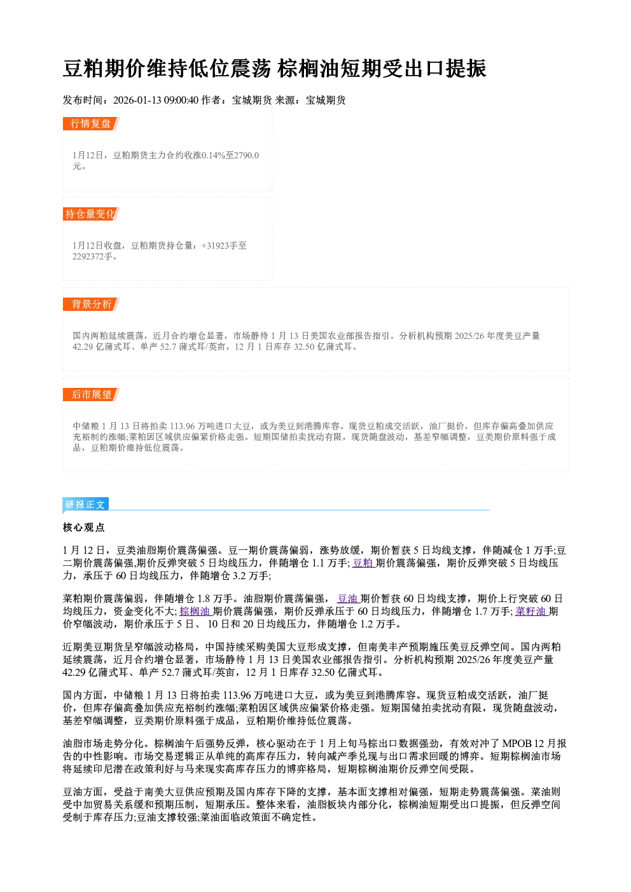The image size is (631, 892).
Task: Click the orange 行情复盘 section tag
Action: pyautogui.click(x=91, y=123)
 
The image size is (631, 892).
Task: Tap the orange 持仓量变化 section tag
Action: pyautogui.click(x=91, y=214)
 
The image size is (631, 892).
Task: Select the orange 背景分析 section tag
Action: pyautogui.click(x=91, y=305)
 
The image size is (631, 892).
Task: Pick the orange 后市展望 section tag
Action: pyautogui.click(x=91, y=395)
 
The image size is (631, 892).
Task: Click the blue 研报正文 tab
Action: pyautogui.click(x=85, y=505)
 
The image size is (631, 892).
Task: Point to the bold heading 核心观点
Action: pyautogui.click(x=84, y=528)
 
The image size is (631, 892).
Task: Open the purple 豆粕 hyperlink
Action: pyautogui.click(x=363, y=563)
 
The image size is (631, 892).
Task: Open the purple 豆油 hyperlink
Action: pyautogui.click(x=348, y=598)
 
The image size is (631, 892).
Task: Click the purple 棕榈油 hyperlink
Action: pyautogui.click(x=195, y=611)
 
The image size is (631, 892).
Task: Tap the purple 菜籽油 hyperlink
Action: pyautogui.click(x=530, y=611)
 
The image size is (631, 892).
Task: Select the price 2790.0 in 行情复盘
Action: pyautogui.click(x=247, y=155)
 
